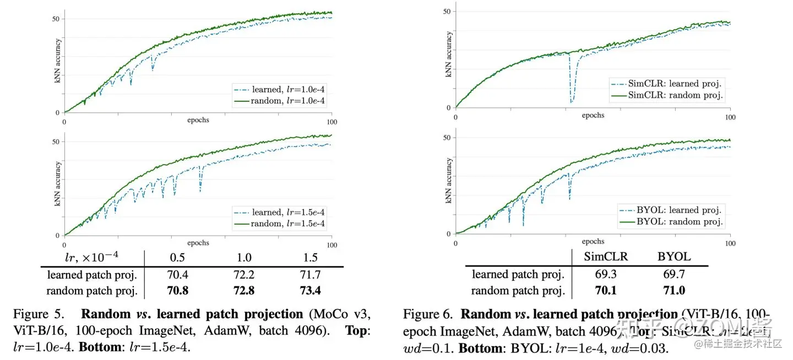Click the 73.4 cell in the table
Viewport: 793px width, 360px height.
pyautogui.click(x=310, y=290)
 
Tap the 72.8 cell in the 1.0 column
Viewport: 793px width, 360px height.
pyautogui.click(x=243, y=290)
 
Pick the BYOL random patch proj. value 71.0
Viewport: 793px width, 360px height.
pyautogui.click(x=673, y=290)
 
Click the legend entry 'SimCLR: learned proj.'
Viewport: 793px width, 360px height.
pyautogui.click(x=667, y=84)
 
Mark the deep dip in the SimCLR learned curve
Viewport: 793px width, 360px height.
pyautogui.click(x=572, y=101)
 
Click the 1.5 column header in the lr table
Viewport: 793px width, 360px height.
pyautogui.click(x=310, y=257)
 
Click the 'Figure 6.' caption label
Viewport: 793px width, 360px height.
pyautogui.click(x=427, y=314)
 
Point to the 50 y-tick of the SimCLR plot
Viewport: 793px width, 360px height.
pyautogui.click(x=447, y=11)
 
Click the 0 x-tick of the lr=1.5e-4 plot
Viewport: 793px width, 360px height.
pyautogui.click(x=64, y=245)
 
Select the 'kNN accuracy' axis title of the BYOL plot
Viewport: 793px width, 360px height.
pyautogui.click(x=449, y=181)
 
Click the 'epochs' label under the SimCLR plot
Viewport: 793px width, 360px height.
pyautogui.click(x=593, y=116)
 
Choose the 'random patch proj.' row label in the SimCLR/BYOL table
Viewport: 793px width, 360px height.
pyautogui.click(x=518, y=290)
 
